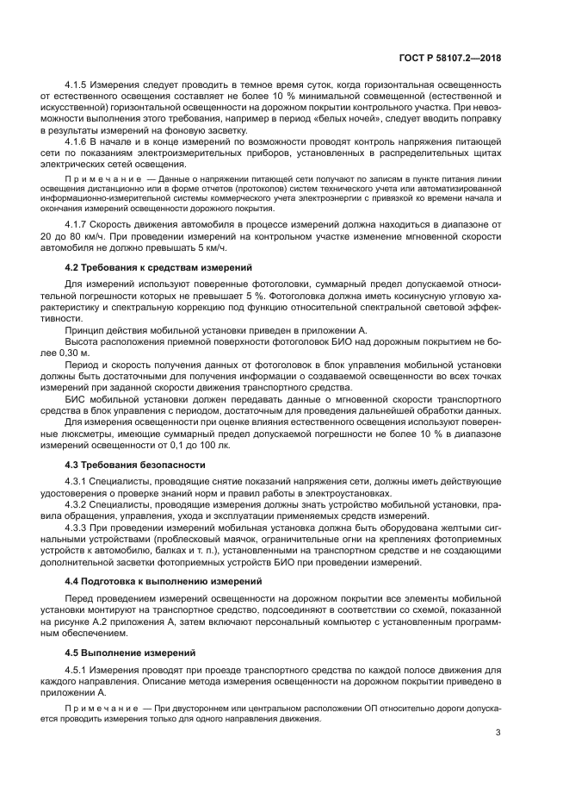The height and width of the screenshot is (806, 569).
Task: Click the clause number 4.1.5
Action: tap(77, 84)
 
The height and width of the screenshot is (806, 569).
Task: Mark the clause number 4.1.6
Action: tap(77, 140)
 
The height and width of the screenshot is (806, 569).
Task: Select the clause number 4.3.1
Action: tap(77, 480)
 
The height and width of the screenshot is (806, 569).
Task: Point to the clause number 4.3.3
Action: tap(77, 525)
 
